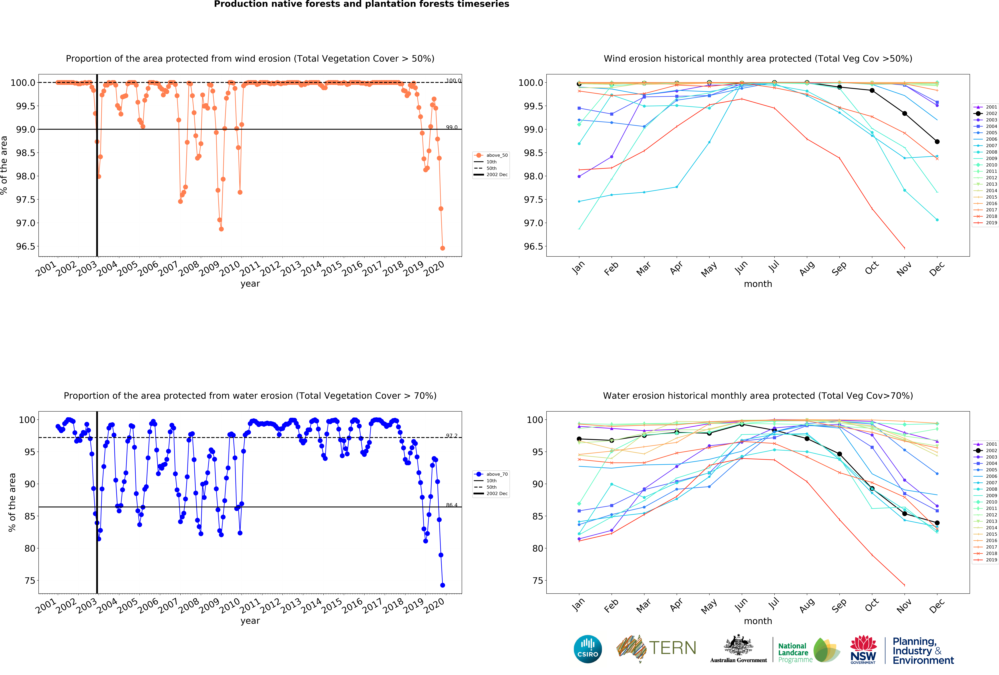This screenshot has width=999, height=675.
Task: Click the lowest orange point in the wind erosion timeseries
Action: [442, 248]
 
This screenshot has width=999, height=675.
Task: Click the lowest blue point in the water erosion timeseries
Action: [442, 585]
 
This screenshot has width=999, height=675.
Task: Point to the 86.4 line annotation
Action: [451, 505]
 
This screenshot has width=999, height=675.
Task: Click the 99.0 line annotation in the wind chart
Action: [451, 127]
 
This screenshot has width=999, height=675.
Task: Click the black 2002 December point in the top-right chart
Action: [937, 141]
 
